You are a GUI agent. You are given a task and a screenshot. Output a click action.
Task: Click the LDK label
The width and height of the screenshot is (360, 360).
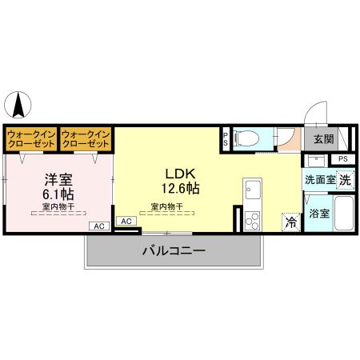(180, 174)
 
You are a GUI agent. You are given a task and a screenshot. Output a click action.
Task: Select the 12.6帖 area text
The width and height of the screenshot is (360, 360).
(180, 189)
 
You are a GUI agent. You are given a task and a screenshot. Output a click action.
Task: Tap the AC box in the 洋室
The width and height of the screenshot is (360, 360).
(100, 226)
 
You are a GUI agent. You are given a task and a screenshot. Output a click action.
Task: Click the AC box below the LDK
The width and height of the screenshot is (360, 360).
(126, 220)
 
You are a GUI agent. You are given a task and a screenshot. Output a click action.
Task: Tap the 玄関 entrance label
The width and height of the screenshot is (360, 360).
(323, 139)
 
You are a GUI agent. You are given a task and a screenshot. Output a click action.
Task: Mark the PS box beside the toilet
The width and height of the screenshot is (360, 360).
(226, 137)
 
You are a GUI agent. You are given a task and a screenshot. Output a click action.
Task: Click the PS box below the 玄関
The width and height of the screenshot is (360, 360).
(342, 159)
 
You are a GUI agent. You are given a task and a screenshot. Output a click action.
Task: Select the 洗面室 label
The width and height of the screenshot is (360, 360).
(318, 181)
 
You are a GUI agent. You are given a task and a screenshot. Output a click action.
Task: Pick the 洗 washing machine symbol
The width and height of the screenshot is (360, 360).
(344, 180)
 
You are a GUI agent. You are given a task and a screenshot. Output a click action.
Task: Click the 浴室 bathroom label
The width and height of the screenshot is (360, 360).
(318, 214)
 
